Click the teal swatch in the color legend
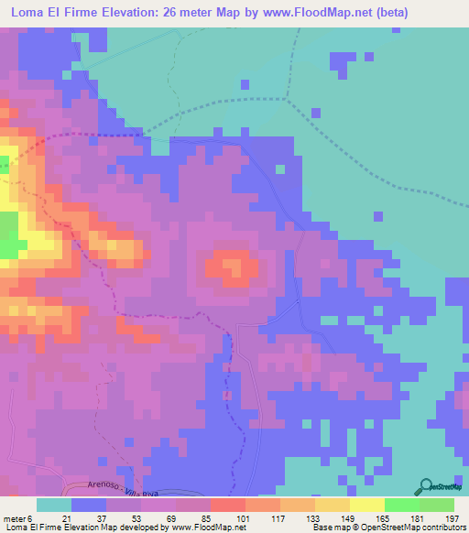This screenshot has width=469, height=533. [x=53, y=505]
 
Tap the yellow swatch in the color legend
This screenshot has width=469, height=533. [x=366, y=505]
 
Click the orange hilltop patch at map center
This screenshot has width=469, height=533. [x=234, y=267]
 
